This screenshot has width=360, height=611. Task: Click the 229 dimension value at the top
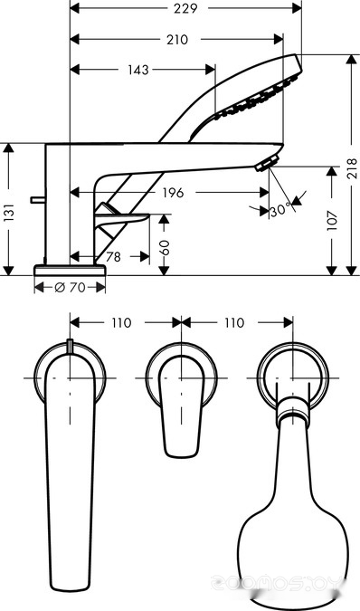pyautogui.click(x=185, y=8)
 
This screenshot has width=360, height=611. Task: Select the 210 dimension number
pyautogui.click(x=177, y=40)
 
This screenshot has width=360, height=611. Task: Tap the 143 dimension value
pyautogui.click(x=138, y=70)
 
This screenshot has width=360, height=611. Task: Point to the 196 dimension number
pyautogui.click(x=173, y=193)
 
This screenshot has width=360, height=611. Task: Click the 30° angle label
pyautogui.click(x=280, y=210)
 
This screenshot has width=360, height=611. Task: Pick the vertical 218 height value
pyautogui.click(x=352, y=168)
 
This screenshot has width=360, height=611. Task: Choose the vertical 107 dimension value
pyautogui.click(x=332, y=220)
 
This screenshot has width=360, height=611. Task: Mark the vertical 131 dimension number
pyautogui.click(x=9, y=213)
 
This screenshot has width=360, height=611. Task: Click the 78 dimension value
pyautogui.click(x=113, y=257)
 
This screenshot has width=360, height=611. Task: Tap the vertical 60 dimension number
pyautogui.click(x=165, y=247)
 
